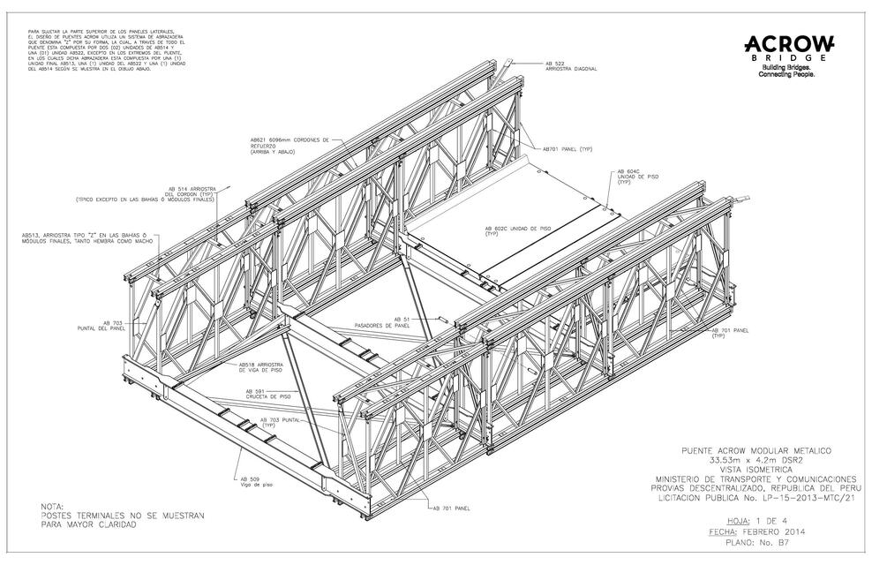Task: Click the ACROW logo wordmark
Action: point(789,44)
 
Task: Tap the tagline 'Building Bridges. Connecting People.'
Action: point(788,72)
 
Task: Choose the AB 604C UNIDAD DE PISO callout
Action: point(639,176)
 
